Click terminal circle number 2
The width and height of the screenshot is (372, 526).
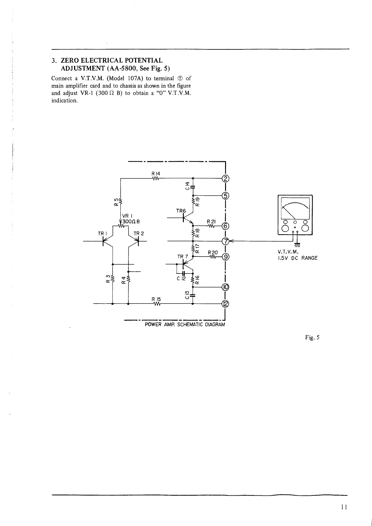[225, 179]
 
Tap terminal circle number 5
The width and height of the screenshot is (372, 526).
[225, 196]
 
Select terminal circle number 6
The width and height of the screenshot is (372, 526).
[225, 226]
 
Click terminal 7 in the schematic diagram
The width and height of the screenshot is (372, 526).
[225, 241]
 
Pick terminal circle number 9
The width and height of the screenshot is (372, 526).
[225, 257]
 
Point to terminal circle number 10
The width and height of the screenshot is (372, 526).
[225, 287]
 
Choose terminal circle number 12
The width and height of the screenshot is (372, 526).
[225, 303]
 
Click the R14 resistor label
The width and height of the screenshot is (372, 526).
[155, 173]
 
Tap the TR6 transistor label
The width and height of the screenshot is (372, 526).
[181, 211]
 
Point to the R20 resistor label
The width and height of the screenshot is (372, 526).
[212, 252]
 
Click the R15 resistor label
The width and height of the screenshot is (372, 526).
[156, 299]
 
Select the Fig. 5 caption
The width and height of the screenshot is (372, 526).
[312, 337]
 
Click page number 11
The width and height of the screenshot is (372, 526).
[343, 507]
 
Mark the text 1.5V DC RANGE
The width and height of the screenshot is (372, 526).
[297, 258]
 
